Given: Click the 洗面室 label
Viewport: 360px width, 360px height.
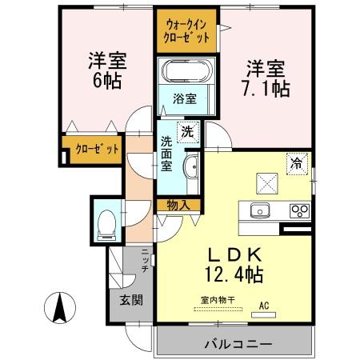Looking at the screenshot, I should click(x=167, y=152).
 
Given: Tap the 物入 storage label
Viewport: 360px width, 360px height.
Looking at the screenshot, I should click(x=178, y=206).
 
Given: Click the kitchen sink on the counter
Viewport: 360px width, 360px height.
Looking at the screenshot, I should click(x=260, y=211).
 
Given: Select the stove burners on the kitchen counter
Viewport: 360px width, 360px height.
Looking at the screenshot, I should click(x=300, y=211).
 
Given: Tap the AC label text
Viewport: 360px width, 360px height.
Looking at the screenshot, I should click(x=264, y=305).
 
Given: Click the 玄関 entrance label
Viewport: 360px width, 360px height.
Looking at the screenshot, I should click(x=133, y=300).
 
